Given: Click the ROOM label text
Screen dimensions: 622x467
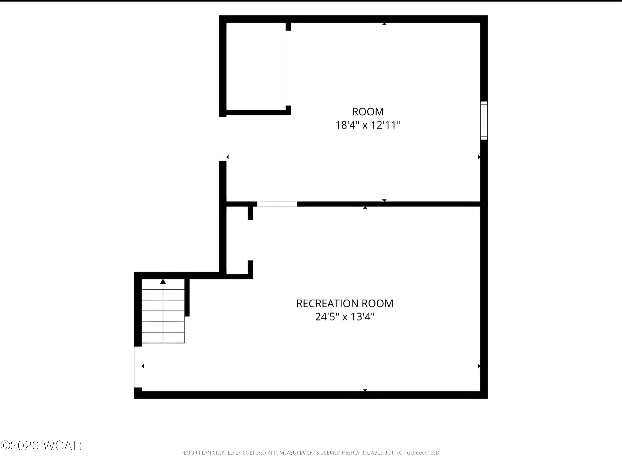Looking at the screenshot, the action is tap(368, 112).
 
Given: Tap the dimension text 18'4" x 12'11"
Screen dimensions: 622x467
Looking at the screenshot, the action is tap(368, 125).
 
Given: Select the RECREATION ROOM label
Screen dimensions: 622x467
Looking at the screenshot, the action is tap(345, 303).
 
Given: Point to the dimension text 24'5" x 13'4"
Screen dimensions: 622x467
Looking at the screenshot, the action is tap(345, 317).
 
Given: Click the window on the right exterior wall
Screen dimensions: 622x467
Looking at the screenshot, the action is tap(484, 120).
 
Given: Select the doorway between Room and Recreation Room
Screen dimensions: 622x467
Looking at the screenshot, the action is tap(277, 204).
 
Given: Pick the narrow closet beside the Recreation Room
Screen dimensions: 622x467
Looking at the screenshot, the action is tap(237, 240).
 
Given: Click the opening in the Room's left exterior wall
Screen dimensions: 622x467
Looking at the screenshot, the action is tap(223, 139).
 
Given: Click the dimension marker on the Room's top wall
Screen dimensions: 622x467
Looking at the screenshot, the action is tap(384, 24).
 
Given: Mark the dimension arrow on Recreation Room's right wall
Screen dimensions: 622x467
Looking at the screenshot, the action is tap(479, 366).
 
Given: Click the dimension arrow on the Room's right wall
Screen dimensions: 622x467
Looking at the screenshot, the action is tap(479, 157).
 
